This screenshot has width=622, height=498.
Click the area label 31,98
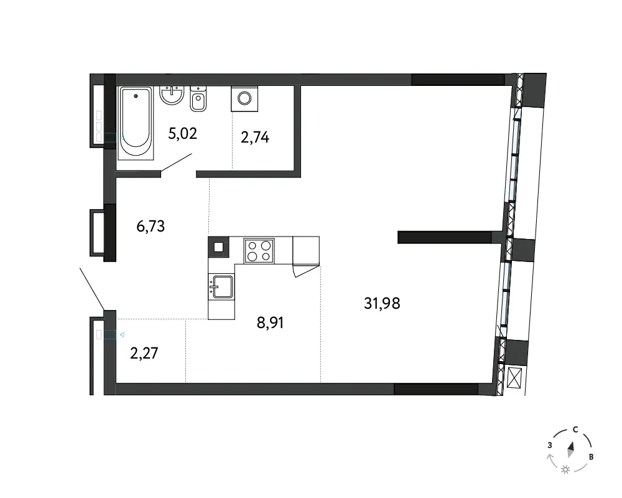point(382,303)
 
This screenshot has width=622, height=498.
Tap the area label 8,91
point(270,322)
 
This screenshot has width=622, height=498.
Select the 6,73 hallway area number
point(151,227)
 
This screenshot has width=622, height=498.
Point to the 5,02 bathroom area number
point(182,133)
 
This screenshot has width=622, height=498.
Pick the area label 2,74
point(254,138)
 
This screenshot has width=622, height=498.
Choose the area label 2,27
point(144,353)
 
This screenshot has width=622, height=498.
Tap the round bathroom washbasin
point(172,95)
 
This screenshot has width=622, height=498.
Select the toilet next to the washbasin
point(198,98)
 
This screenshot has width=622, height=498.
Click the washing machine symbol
point(244,98)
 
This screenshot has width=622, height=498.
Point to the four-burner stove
point(259,251)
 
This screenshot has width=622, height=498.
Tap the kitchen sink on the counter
point(221,286)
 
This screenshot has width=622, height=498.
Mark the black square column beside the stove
point(218,247)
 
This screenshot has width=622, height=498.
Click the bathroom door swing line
point(177,163)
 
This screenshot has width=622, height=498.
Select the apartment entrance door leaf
point(92,289)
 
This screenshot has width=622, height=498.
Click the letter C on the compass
point(575,430)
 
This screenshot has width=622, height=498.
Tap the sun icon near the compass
point(565,470)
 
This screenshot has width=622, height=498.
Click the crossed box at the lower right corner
point(514,378)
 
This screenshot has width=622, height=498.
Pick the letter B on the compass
point(591,457)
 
